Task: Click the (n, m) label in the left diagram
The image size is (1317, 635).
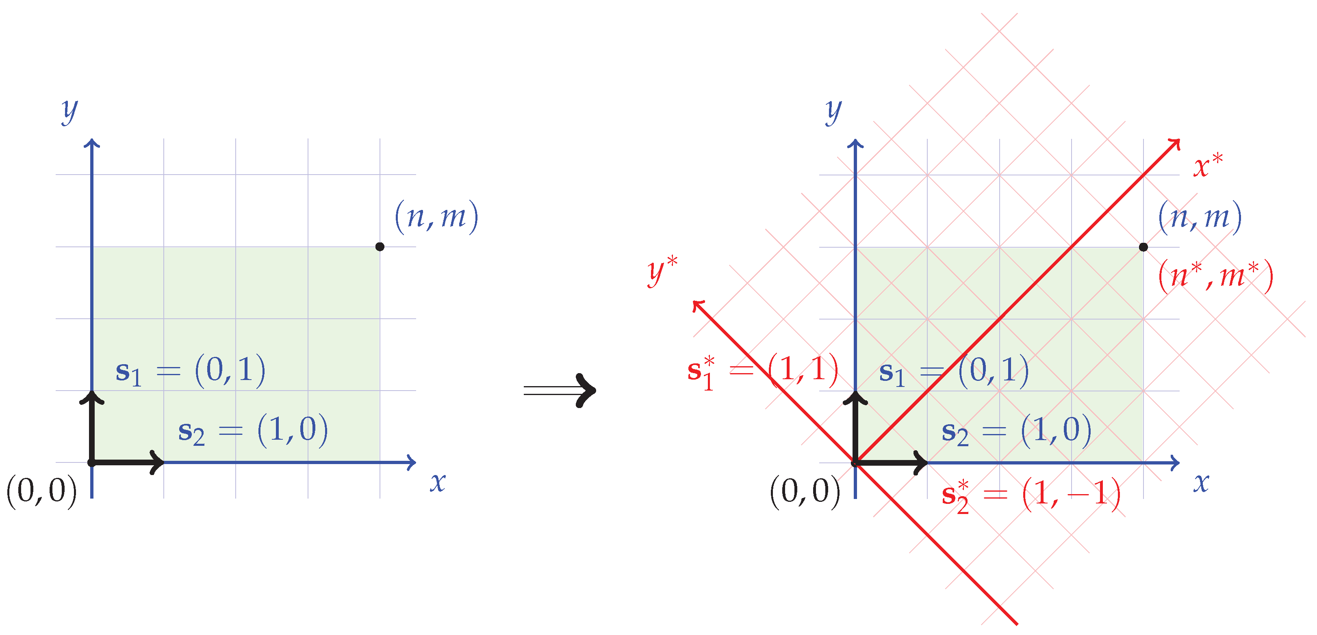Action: pyautogui.click(x=436, y=216)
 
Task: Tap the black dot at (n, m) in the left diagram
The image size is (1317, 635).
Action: pyautogui.click(x=380, y=247)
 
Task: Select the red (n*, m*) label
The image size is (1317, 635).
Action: pyautogui.click(x=1215, y=276)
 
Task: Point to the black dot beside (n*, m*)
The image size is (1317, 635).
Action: pyautogui.click(x=1143, y=247)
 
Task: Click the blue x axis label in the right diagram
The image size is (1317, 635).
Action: pyautogui.click(x=1201, y=482)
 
